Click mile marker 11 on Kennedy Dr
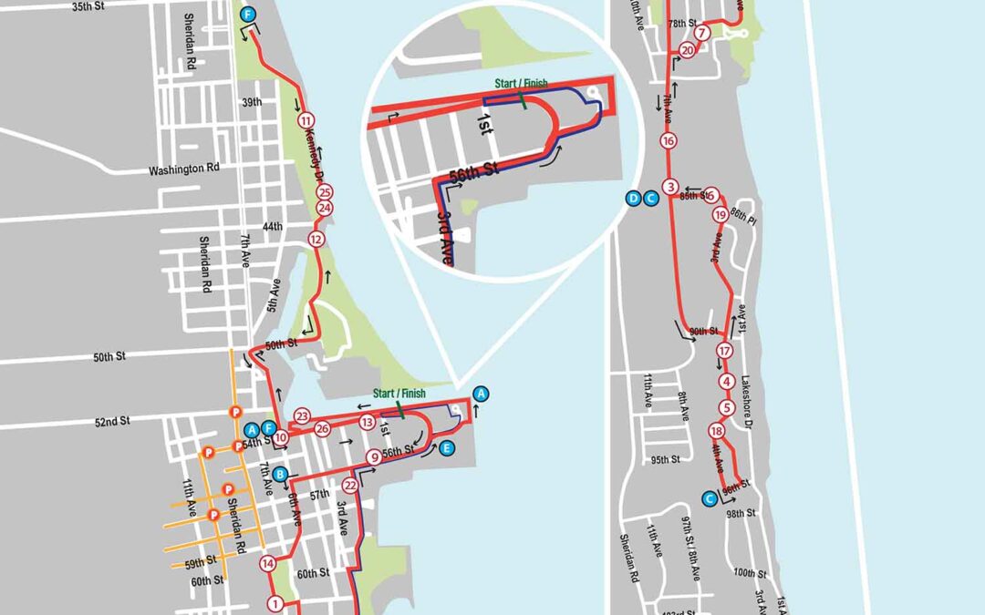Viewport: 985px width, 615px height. click(x=306, y=120)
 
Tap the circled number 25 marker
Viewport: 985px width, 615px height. click(x=325, y=192)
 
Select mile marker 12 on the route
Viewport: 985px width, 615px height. click(x=316, y=240)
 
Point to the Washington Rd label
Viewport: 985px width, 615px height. click(x=186, y=169)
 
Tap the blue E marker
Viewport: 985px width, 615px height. click(x=446, y=448)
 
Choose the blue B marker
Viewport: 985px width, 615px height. click(x=281, y=474)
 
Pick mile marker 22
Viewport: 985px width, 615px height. click(x=350, y=486)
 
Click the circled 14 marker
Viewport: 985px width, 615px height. click(x=268, y=563)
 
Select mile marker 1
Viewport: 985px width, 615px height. click(x=275, y=603)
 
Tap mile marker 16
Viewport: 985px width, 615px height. click(x=669, y=141)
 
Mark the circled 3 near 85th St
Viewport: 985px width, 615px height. click(x=670, y=188)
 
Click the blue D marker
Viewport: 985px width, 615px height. click(x=634, y=198)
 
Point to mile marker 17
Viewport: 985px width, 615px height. click(x=725, y=351)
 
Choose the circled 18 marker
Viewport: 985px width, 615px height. click(x=717, y=431)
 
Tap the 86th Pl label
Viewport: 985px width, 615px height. click(x=745, y=220)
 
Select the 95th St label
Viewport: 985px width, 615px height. click(x=664, y=459)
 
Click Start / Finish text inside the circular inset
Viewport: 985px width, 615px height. click(x=521, y=83)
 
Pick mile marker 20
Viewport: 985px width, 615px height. click(x=687, y=51)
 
